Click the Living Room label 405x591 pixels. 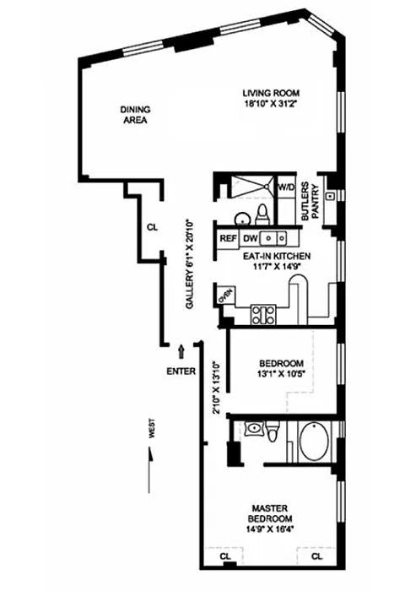point(271,93)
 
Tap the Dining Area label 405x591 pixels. point(135,115)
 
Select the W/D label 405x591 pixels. point(286,187)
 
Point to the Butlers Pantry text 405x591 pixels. point(310,201)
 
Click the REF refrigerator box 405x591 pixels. point(229,238)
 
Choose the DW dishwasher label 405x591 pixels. point(250,238)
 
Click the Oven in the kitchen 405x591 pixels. point(225,295)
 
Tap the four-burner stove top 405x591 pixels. point(263,315)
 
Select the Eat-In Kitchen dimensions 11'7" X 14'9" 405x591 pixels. point(277,267)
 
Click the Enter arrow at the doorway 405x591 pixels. point(181,352)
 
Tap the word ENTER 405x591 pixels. point(181,371)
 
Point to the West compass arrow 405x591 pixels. point(150,469)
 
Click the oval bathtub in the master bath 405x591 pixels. point(315,441)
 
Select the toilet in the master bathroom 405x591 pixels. point(273,432)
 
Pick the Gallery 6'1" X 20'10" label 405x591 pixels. point(190,264)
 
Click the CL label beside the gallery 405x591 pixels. point(152,227)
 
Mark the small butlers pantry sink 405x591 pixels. point(331,196)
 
